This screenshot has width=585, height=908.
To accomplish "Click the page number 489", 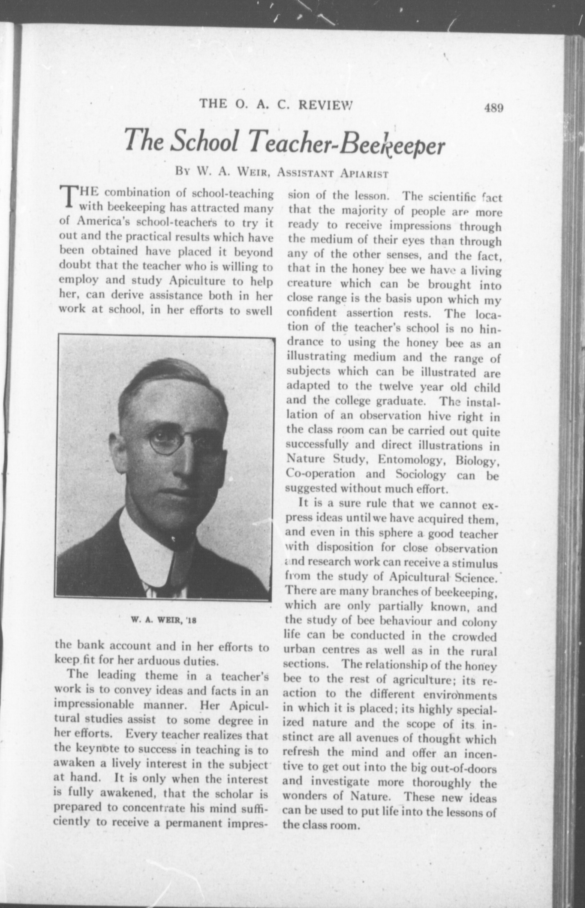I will (x=493, y=108).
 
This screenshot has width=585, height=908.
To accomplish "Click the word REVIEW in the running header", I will (x=326, y=104).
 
